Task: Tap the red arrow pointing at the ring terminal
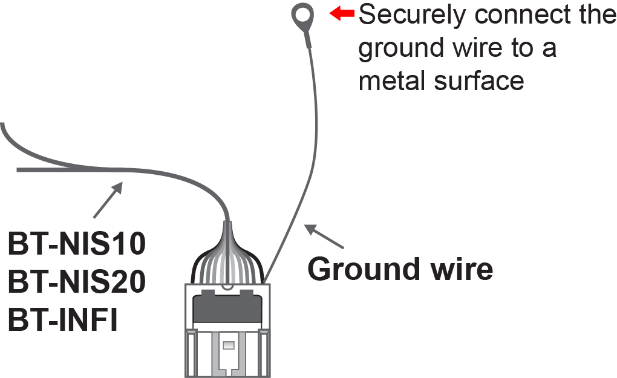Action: pos(342,13)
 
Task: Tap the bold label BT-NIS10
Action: pos(77,245)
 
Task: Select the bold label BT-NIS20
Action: pos(77,282)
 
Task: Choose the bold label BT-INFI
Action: pos(63,319)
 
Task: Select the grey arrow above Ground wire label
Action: pos(324,237)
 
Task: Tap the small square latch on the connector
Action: pos(228,345)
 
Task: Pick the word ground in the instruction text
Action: pos(399,48)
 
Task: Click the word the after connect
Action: pos(596,15)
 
